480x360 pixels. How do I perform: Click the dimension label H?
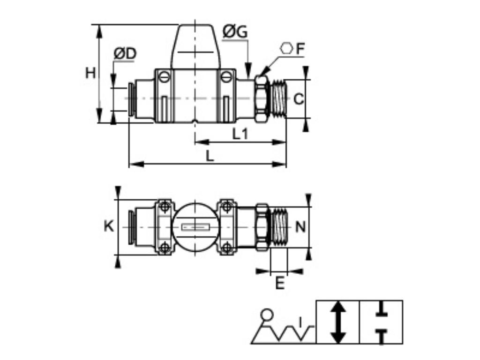coord(90,74)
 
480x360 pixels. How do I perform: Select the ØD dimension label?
coord(125,54)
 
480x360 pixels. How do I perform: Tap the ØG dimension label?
coord(235,32)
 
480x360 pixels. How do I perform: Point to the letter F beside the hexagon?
coord(300,48)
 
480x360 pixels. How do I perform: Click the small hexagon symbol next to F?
coord(286,48)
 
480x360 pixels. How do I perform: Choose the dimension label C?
coord(299,99)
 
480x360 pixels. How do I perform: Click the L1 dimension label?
coord(240,134)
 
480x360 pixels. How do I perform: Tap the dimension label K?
coord(108,226)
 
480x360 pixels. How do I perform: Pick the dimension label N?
coord(300,227)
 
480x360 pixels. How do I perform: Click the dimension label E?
coord(279,283)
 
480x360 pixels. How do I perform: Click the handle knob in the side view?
coord(195,47)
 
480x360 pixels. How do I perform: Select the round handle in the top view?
coord(195,227)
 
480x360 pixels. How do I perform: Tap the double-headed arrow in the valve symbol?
coord(338,322)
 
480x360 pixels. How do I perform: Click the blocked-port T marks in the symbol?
coord(381,322)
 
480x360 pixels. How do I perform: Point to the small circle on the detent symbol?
coord(267,314)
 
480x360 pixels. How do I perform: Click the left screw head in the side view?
coord(164,76)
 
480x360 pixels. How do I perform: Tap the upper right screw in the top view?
coord(227,206)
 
